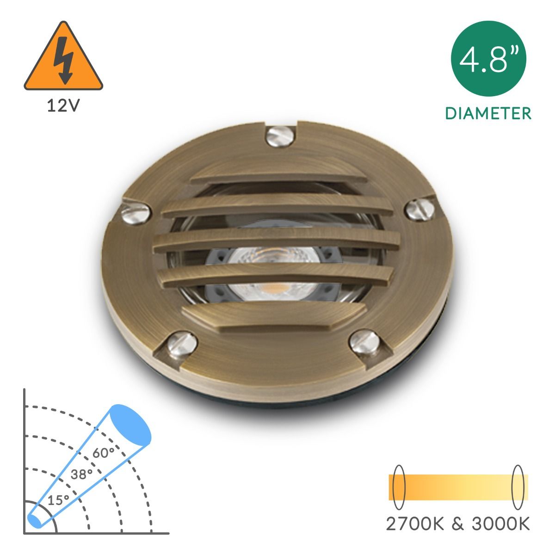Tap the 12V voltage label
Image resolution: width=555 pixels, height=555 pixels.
coord(63,106)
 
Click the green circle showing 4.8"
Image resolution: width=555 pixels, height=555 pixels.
coord(488,58)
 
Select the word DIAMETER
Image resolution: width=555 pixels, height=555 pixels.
coord(488,113)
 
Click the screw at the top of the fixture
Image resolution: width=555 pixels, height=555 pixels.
coord(280,137)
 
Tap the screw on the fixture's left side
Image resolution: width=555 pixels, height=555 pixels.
coord(136,213)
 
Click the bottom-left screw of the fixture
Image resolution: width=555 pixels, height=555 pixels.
coord(182,345)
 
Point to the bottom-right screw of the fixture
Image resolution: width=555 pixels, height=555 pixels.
coord(364,343)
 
